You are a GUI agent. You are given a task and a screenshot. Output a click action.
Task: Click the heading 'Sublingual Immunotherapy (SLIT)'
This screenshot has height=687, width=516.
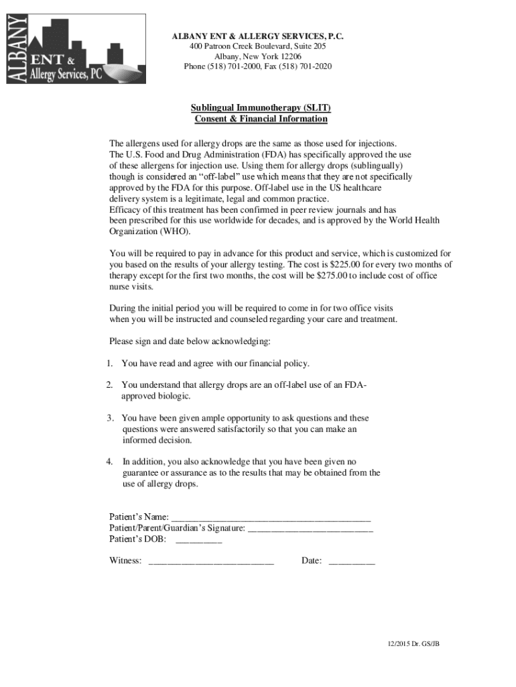point(261,107)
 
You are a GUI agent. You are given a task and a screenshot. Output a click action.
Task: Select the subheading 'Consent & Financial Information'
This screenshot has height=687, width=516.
point(261,119)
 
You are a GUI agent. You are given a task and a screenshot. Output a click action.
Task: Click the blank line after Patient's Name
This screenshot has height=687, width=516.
point(271,517)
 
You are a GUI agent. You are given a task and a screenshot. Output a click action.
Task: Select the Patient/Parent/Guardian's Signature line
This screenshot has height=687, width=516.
point(310,529)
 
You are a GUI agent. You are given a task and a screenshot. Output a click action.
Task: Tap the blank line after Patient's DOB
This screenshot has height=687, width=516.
point(198,539)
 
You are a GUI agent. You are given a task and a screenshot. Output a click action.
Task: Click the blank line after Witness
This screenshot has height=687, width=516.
point(210,561)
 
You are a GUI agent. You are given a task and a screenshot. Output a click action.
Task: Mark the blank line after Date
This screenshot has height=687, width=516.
point(352,561)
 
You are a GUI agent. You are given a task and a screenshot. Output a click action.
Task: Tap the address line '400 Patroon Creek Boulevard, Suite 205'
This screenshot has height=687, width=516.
point(258,46)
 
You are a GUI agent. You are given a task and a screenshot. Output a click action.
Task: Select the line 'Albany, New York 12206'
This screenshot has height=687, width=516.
point(258,56)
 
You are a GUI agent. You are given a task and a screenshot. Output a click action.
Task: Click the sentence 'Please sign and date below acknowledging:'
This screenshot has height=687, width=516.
point(190,341)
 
